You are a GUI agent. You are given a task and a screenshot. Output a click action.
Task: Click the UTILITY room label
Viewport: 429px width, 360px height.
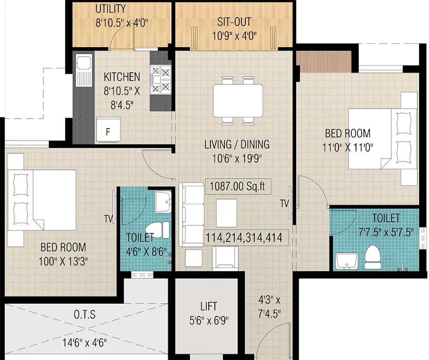[x=111, y=9]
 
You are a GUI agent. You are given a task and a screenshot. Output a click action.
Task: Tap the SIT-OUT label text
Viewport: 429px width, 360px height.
[x=234, y=22]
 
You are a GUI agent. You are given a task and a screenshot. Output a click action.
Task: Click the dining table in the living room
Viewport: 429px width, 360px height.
[x=238, y=100]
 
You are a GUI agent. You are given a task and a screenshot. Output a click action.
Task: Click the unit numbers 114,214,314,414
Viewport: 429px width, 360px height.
[x=244, y=237]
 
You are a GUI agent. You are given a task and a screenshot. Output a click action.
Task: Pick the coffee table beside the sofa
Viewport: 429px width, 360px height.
[x=226, y=213]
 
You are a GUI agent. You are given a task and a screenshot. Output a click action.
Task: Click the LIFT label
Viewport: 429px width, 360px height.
[x=209, y=306]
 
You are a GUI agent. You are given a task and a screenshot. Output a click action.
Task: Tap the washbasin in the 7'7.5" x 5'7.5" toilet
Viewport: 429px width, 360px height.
[x=346, y=260]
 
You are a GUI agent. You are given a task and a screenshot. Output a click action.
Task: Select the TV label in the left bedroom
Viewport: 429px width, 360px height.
[x=108, y=219]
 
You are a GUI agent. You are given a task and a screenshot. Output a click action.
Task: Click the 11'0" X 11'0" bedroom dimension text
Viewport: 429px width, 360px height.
[x=347, y=148]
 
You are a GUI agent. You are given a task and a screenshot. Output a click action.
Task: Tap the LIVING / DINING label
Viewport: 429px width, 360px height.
[x=237, y=144]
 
